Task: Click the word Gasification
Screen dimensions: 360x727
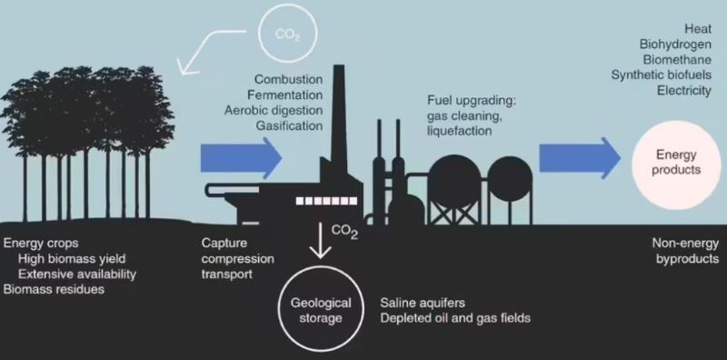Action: (289, 125)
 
